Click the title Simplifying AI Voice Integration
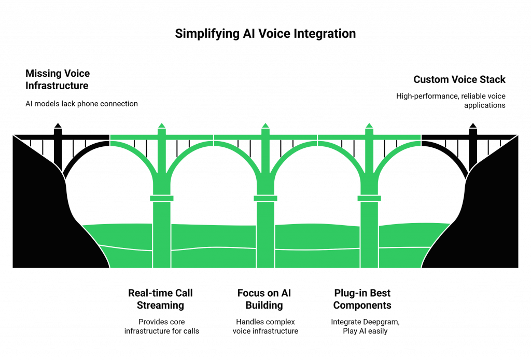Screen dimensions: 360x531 [265, 34]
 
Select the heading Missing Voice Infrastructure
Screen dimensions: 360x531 [57, 79]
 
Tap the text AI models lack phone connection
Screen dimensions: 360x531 [82, 104]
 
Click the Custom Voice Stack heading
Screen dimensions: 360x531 [459, 79]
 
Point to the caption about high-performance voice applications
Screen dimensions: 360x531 [451, 100]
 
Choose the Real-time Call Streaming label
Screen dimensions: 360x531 [161, 299]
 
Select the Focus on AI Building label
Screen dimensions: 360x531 [264, 299]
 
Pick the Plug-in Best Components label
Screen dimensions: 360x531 [362, 299]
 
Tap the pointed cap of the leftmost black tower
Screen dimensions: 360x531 [58, 126]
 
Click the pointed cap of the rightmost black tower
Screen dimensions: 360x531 [472, 126]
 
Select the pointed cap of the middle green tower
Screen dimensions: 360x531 [265, 126]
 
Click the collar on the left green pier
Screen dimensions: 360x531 [162, 198]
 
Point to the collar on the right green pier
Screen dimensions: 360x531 [369, 198]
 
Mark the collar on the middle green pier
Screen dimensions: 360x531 [265, 198]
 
